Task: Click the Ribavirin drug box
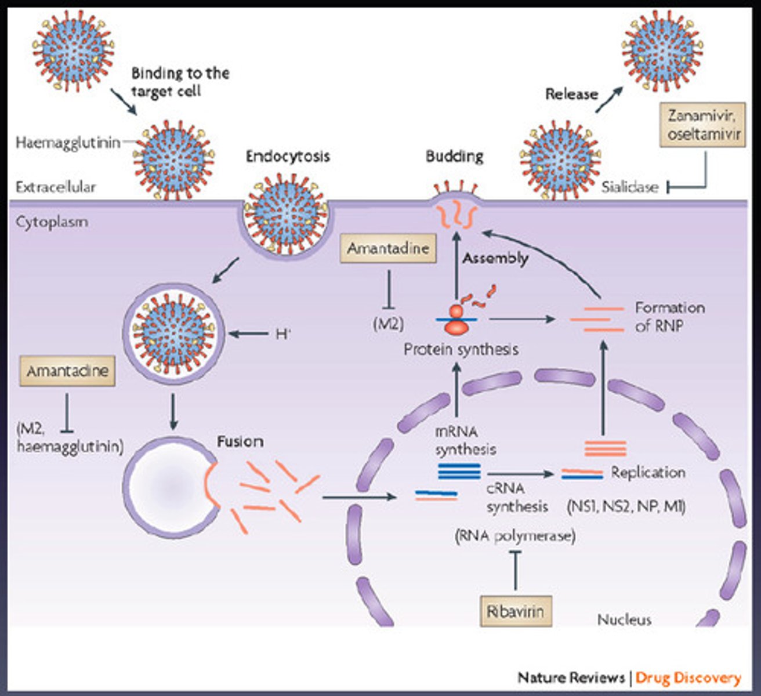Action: tap(516, 611)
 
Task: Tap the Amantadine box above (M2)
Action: tap(388, 248)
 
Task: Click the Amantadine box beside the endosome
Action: tap(67, 371)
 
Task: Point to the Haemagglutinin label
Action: tap(68, 143)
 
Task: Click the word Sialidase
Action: tap(629, 187)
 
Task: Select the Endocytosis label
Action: tap(288, 156)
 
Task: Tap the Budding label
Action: tap(454, 156)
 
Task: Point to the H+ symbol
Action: tap(283, 334)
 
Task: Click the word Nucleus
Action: tap(624, 620)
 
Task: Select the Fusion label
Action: tap(240, 441)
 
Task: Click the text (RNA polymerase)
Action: tap(515, 536)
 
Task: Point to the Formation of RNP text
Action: tap(669, 316)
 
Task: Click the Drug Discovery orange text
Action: tap(688, 677)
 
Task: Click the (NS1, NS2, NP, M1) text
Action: tap(626, 506)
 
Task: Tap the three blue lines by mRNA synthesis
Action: tap(459, 471)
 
